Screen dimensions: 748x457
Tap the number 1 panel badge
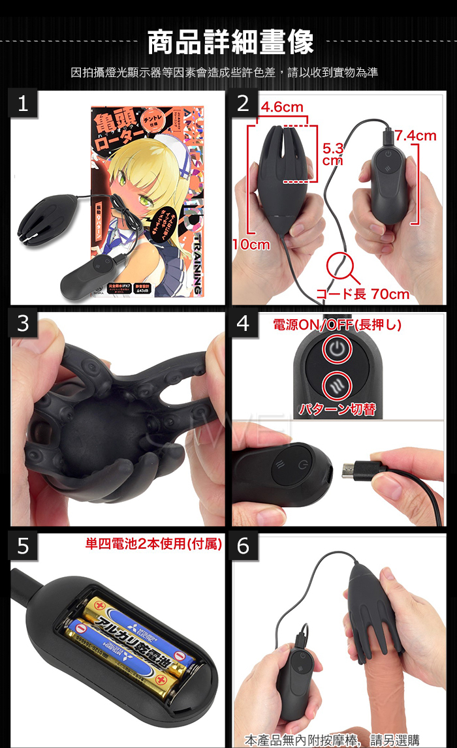tap(23, 104)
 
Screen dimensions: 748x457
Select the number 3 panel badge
tap(23, 324)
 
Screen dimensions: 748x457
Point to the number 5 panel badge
tap(23, 546)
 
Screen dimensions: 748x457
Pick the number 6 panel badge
tap(244, 546)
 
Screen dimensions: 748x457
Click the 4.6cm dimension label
tap(282, 107)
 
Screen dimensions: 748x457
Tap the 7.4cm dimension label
tap(415, 136)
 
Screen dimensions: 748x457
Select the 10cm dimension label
tap(251, 245)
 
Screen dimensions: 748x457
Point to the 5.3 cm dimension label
tap(333, 154)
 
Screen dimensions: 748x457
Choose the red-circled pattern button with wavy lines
tap(336, 383)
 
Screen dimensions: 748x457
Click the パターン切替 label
tap(336, 410)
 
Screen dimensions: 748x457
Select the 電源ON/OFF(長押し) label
tap(336, 324)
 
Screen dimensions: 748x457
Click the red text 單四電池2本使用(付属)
tap(153, 544)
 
